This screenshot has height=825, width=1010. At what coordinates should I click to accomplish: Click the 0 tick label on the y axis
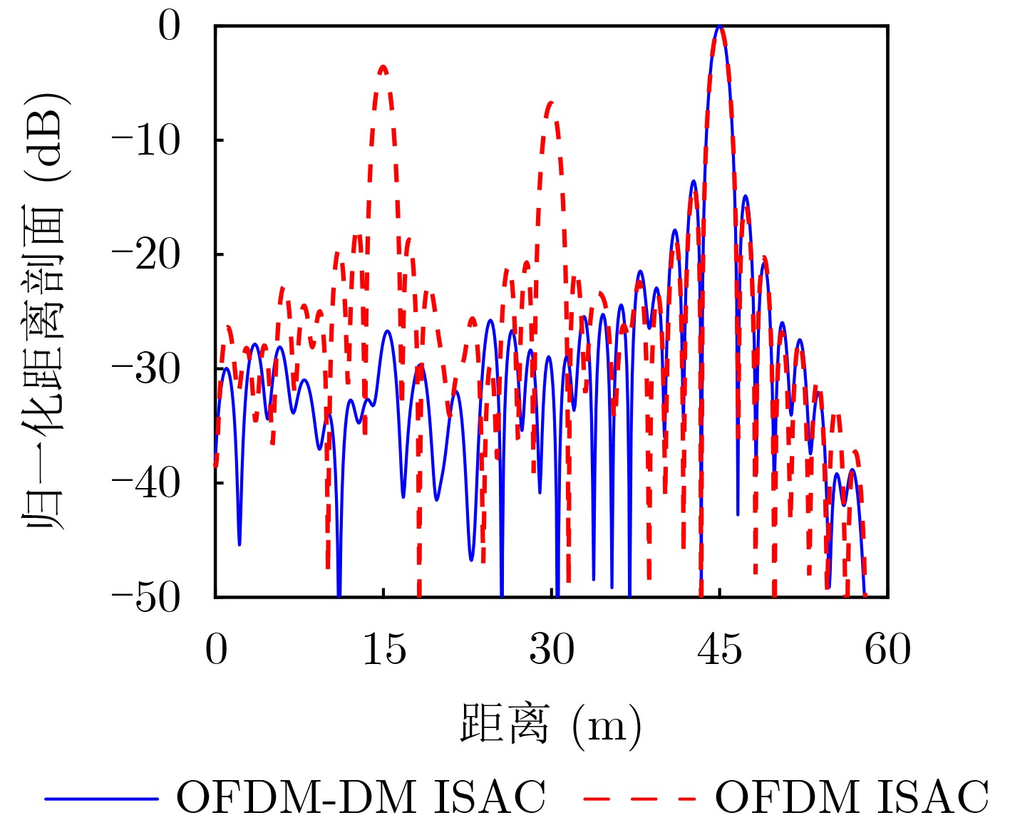tap(169, 26)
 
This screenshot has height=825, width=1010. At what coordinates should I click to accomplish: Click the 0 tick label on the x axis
tap(216, 650)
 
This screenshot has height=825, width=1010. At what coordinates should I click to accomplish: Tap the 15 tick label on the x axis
tap(384, 650)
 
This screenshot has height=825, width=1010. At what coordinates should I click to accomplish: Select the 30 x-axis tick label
tap(552, 650)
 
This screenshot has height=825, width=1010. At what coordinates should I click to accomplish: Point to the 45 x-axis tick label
tap(720, 650)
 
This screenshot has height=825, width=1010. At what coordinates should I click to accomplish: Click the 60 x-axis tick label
tap(887, 650)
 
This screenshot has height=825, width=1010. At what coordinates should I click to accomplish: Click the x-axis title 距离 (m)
tap(551, 725)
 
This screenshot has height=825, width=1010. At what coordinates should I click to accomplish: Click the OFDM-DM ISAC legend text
tap(361, 797)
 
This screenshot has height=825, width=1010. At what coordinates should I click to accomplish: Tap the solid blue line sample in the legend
tap(101, 799)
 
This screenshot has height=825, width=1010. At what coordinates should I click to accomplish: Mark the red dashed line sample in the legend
tap(639, 799)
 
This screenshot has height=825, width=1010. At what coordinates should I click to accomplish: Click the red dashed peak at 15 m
tap(383, 68)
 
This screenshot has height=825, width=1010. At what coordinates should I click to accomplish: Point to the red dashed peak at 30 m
tap(551, 104)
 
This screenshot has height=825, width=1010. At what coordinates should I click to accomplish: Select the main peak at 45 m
tap(720, 28)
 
